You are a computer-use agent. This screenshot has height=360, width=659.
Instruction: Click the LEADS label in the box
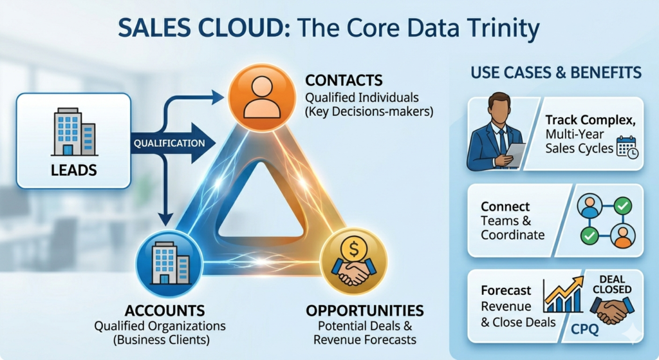pyautogui.click(x=74, y=170)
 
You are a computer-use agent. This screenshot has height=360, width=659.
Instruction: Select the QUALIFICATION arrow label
pyautogui.click(x=169, y=144)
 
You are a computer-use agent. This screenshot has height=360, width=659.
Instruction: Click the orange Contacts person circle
pyautogui.click(x=262, y=97)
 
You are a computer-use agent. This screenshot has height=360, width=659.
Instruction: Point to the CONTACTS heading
pyautogui.click(x=344, y=81)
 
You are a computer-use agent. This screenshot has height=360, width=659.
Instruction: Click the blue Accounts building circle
pyautogui.click(x=169, y=263)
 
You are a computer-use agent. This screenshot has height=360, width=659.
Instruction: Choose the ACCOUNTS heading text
pyautogui.click(x=165, y=311)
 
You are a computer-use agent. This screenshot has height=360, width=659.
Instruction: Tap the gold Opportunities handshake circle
pyautogui.click(x=353, y=261)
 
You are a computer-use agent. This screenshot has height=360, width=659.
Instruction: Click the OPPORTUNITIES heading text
pyautogui.click(x=365, y=311)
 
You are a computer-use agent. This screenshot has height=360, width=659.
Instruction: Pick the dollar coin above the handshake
pyautogui.click(x=354, y=249)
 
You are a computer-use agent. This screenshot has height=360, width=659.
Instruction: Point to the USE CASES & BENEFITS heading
pyautogui.click(x=556, y=73)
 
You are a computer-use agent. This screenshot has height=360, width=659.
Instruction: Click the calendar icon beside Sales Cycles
pyautogui.click(x=627, y=147)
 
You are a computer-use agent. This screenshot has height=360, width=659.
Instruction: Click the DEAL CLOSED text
pyautogui.click(x=612, y=284)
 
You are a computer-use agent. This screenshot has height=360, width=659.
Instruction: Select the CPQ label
pyautogui.click(x=584, y=329)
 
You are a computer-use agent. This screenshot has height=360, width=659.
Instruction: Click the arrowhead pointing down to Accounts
pyautogui.click(x=165, y=219)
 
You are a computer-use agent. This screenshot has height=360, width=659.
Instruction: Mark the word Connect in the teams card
pyautogui.click(x=505, y=207)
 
